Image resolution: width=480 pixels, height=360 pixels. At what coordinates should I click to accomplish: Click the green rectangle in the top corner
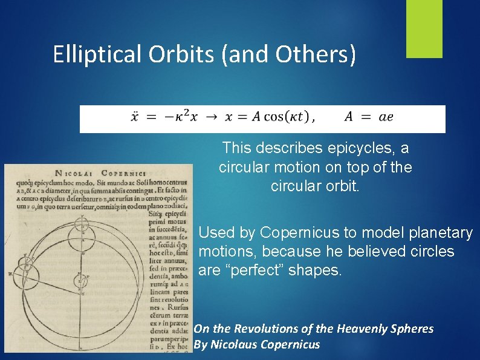click(424, 28)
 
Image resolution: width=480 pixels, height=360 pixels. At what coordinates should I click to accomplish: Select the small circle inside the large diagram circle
click(80, 280)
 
